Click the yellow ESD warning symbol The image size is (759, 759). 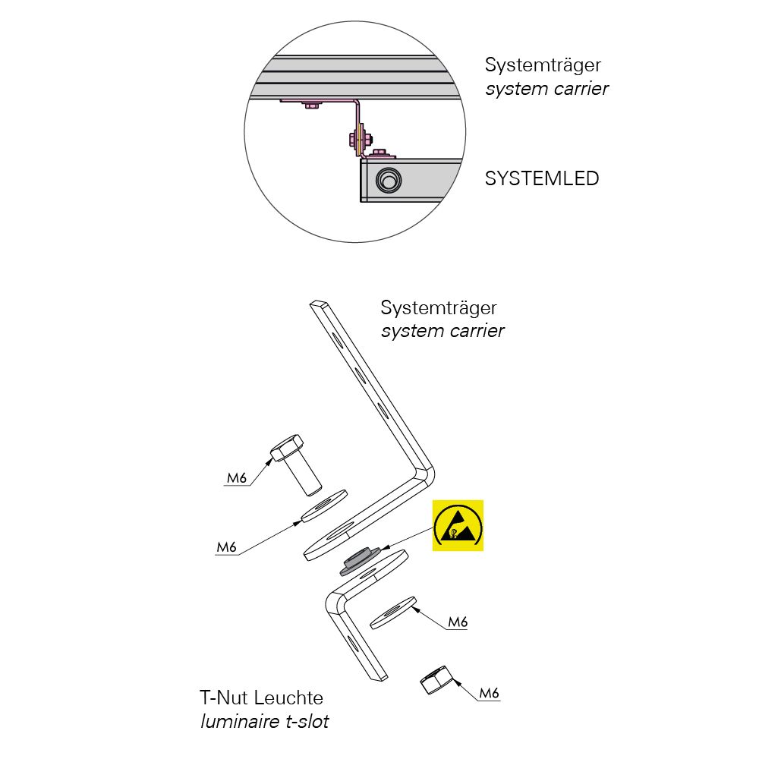tap(458, 525)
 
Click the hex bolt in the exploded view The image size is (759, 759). tap(295, 465)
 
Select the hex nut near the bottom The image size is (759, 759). tap(437, 679)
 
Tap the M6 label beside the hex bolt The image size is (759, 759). tap(237, 477)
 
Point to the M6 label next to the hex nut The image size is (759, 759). tap(489, 693)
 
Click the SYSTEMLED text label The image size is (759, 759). tap(542, 178)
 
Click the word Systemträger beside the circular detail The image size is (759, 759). tap(543, 65)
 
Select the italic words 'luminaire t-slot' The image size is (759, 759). tap(265, 721)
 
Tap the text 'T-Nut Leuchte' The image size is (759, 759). tap(261, 698)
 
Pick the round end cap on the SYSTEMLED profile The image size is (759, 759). tap(388, 181)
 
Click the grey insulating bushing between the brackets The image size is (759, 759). tap(359, 561)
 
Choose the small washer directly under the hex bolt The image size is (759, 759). tap(324, 505)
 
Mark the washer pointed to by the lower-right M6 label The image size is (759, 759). tap(393, 613)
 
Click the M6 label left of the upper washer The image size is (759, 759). tap(226, 547)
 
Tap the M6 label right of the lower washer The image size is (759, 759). tap(458, 622)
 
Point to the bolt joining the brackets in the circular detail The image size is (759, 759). tap(359, 140)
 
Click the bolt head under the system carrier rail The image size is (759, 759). tap(310, 105)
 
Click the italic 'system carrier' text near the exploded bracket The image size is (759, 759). tap(442, 331)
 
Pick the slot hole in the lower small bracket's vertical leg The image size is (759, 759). tap(353, 644)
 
